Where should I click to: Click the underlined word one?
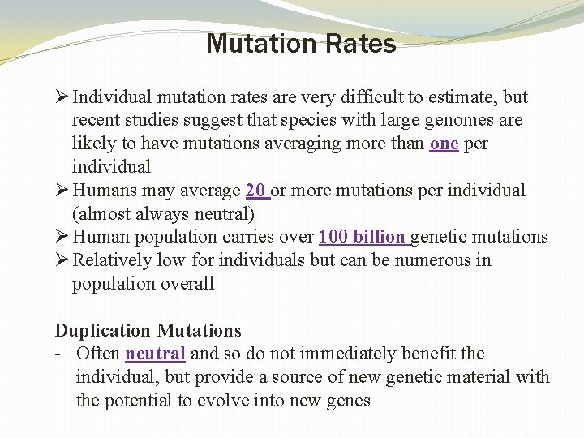point(444,144)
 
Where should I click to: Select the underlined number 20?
point(256,191)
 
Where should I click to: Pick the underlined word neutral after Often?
point(156,354)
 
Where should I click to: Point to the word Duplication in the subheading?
point(103,331)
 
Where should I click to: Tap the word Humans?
point(103,191)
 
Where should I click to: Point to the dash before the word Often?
point(59,354)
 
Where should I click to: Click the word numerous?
point(431,260)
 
